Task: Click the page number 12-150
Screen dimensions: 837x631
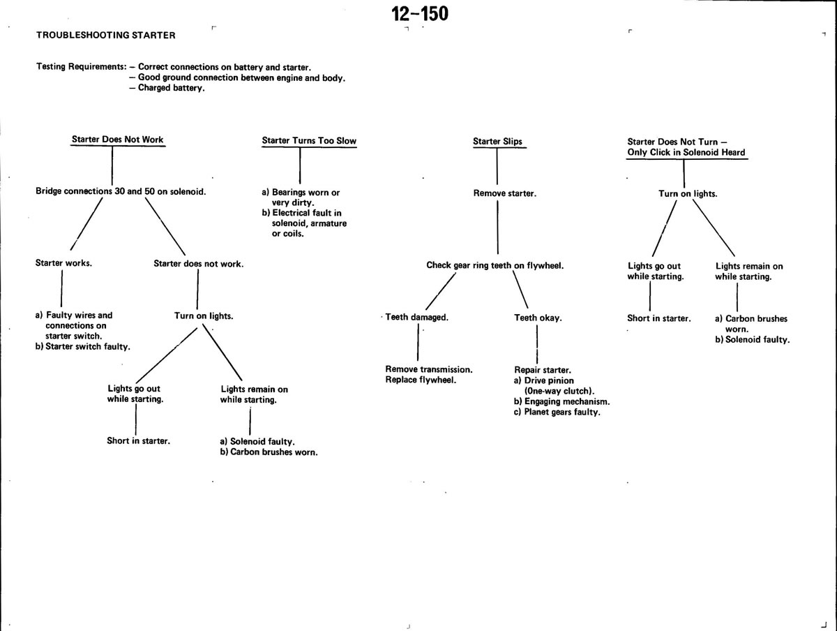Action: coord(420,14)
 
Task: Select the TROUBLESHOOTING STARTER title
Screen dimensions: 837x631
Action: coord(105,35)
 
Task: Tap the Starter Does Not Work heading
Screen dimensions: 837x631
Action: coord(117,140)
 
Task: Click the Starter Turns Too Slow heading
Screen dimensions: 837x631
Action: coord(309,141)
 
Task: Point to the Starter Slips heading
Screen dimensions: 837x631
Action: coord(497,142)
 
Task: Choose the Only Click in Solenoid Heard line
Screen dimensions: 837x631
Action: coord(686,153)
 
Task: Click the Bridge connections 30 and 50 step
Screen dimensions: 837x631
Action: coord(121,191)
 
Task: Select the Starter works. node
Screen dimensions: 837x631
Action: coord(63,263)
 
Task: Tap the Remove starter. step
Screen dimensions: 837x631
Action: coord(504,193)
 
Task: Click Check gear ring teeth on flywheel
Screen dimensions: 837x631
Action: coord(495,265)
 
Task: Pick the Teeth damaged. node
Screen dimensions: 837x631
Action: coord(417,318)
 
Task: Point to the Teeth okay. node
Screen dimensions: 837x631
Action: coord(538,318)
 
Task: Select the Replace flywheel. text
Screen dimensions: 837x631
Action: coord(421,380)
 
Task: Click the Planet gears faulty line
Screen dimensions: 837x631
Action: coord(557,412)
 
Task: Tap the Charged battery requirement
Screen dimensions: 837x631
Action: coord(167,88)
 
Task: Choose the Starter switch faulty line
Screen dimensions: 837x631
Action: coord(83,347)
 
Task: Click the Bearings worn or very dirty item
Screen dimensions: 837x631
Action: coord(301,198)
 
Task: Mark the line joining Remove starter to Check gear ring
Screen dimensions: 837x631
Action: coord(497,228)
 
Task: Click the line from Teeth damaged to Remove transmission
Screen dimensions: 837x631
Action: coord(418,342)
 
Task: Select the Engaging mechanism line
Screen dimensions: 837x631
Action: coord(561,402)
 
